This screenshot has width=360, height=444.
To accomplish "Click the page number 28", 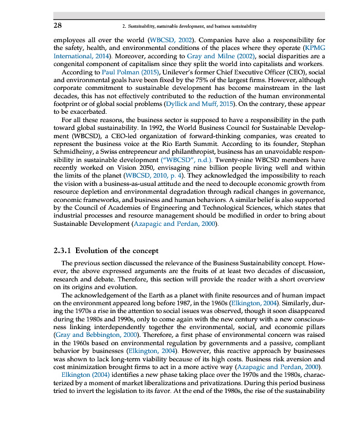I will pyautogui.click(x=58, y=26).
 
